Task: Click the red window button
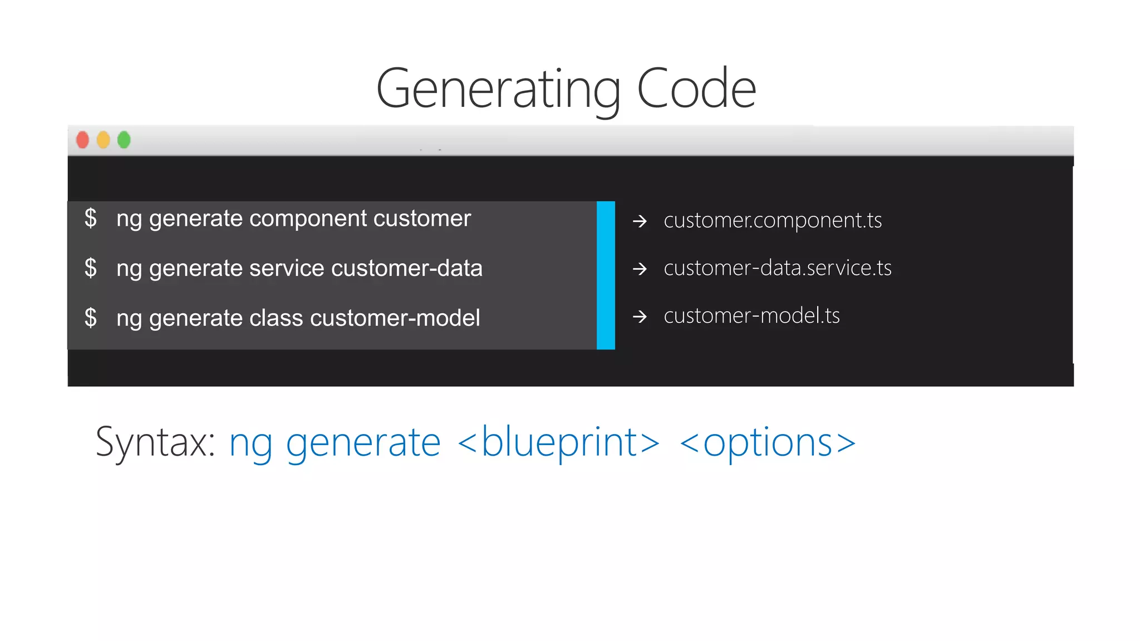(82, 140)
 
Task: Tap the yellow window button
(104, 140)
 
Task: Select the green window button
(124, 140)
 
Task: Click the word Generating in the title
(498, 89)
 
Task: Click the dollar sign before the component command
(91, 218)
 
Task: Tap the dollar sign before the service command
(91, 268)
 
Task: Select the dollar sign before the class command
(91, 318)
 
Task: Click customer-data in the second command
(406, 268)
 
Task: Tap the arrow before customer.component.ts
(640, 221)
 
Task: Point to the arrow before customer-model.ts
(640, 317)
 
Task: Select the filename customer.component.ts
(773, 220)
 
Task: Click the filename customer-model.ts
(751, 316)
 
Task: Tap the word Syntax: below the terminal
(155, 442)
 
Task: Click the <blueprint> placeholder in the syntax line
(558, 442)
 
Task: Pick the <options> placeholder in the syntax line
(768, 442)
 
